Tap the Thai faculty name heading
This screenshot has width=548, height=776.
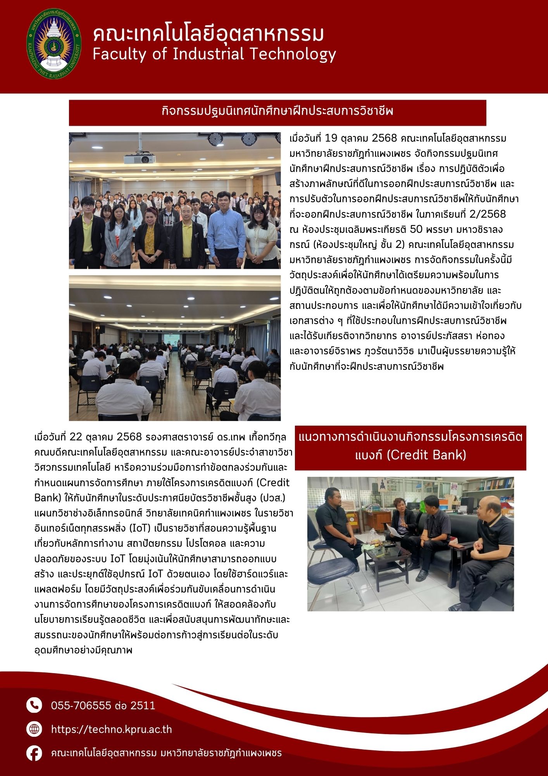click(x=208, y=34)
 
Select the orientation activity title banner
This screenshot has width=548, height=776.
click(x=277, y=112)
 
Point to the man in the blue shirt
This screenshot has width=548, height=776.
click(x=226, y=229)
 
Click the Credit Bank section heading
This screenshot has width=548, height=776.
click(x=410, y=446)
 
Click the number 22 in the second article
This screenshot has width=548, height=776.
click(x=76, y=437)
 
